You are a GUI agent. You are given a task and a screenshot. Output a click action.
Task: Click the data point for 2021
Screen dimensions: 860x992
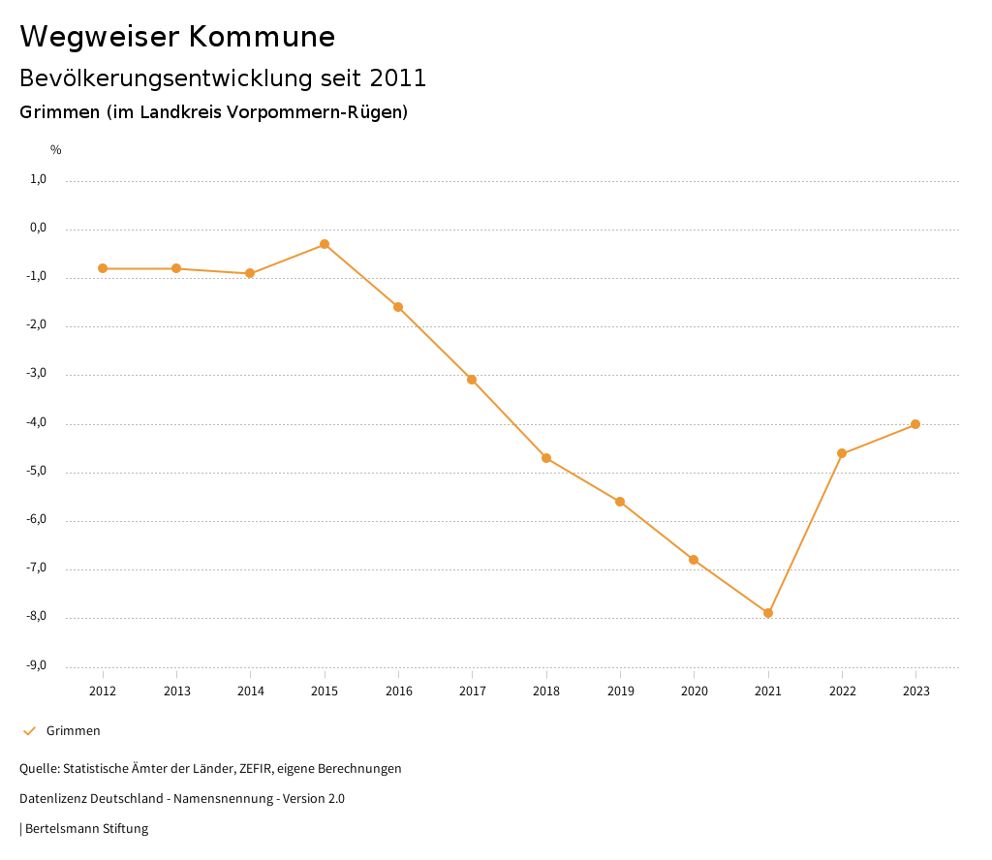click(768, 613)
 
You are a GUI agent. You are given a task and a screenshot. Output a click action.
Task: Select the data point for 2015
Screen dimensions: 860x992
click(325, 244)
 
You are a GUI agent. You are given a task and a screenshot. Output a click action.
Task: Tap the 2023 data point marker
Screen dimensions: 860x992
click(915, 424)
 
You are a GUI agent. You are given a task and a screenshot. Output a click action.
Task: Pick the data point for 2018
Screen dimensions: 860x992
click(546, 458)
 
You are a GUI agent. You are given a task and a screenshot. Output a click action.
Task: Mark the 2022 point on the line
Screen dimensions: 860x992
click(842, 453)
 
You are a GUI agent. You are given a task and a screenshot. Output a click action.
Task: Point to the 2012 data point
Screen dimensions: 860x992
click(103, 268)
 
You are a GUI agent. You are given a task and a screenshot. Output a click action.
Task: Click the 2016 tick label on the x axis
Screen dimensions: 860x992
click(398, 691)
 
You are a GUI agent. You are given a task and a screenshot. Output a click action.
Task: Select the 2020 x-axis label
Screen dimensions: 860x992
click(694, 691)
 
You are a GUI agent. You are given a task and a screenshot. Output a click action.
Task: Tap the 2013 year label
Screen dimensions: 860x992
click(176, 691)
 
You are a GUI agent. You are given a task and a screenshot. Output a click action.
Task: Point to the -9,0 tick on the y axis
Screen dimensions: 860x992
click(38, 665)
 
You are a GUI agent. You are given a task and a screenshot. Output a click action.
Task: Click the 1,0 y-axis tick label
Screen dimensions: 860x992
click(39, 179)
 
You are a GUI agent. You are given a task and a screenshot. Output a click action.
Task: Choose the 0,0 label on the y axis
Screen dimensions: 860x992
click(39, 229)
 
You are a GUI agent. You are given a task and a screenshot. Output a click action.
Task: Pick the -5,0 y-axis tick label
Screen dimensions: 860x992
click(38, 472)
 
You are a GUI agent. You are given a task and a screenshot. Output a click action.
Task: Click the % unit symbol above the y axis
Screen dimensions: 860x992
click(56, 150)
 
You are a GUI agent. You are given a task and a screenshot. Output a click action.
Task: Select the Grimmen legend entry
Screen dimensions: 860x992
click(73, 731)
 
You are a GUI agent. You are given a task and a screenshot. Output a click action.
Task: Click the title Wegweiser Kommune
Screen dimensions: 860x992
click(177, 37)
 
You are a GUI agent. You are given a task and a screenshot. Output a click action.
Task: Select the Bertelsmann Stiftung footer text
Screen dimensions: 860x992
click(86, 829)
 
